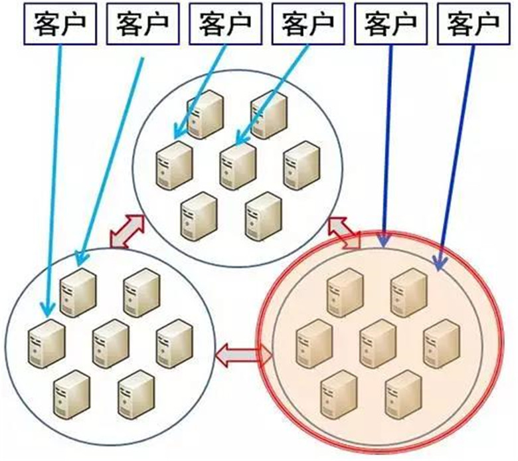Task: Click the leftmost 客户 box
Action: (x=58, y=23)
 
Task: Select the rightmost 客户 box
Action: (x=474, y=23)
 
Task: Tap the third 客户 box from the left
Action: (x=224, y=23)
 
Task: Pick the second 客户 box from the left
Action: (x=141, y=23)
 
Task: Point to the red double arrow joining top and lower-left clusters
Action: (x=127, y=231)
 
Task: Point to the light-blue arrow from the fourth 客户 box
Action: (x=272, y=93)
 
